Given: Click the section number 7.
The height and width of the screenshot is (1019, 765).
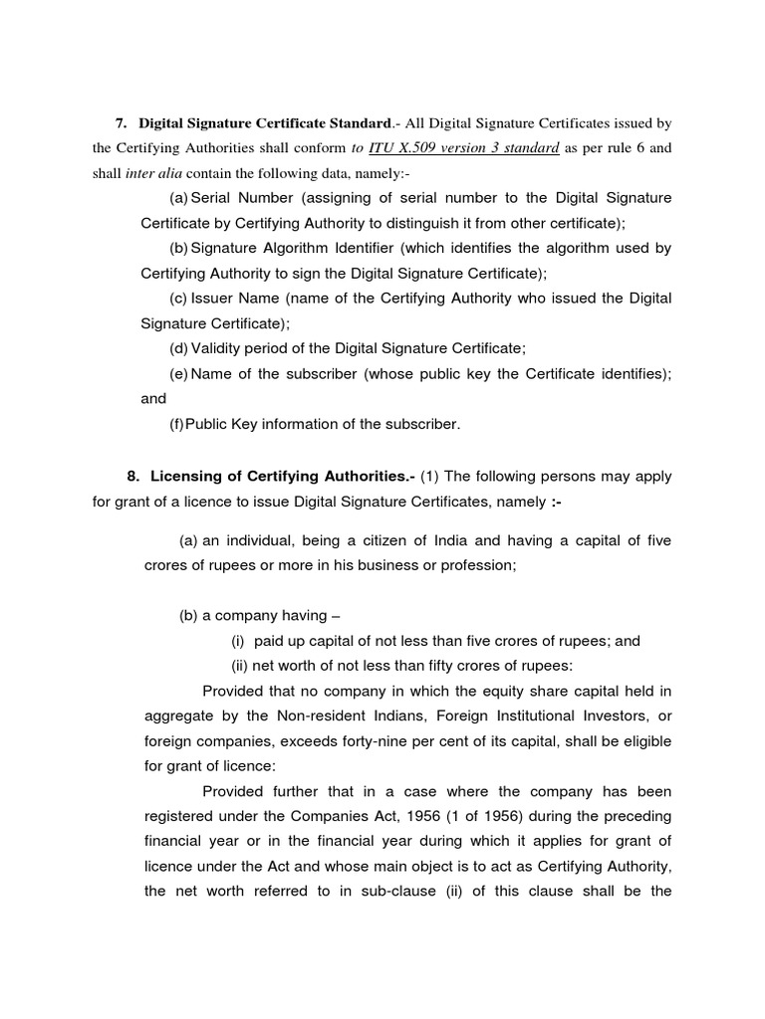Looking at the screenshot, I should [122, 123].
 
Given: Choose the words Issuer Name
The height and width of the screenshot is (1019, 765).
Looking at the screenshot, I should [235, 299].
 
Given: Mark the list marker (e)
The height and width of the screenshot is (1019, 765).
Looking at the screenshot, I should [178, 372].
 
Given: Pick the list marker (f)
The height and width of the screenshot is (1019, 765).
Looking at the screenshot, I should [176, 424].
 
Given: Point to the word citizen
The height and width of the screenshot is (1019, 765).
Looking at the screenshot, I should [359, 540].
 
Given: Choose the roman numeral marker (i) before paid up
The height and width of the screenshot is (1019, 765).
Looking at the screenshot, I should [238, 642].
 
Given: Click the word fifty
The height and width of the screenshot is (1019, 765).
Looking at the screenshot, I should [435, 667].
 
